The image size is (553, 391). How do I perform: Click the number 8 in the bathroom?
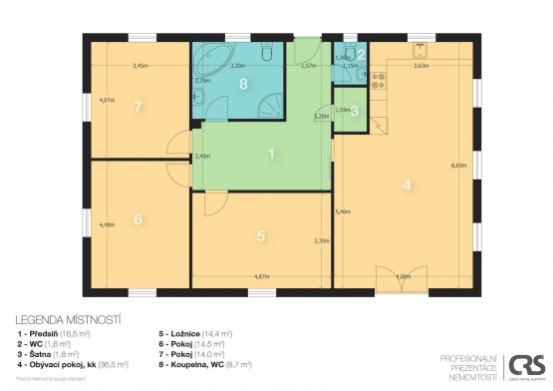point(244,86)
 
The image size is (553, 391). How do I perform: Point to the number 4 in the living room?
point(406,185)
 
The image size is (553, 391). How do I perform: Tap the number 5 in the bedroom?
point(260,236)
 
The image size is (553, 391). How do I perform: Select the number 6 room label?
point(138,218)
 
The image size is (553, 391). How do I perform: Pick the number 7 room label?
point(138,106)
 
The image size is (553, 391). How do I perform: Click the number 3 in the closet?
point(355,111)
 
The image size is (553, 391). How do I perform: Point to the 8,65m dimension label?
point(459,167)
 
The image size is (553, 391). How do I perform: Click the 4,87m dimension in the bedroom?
point(262,276)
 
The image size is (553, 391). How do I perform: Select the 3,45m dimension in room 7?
point(140,66)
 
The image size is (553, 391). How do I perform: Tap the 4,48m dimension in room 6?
point(107,223)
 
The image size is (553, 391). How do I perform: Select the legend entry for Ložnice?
point(195,332)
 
